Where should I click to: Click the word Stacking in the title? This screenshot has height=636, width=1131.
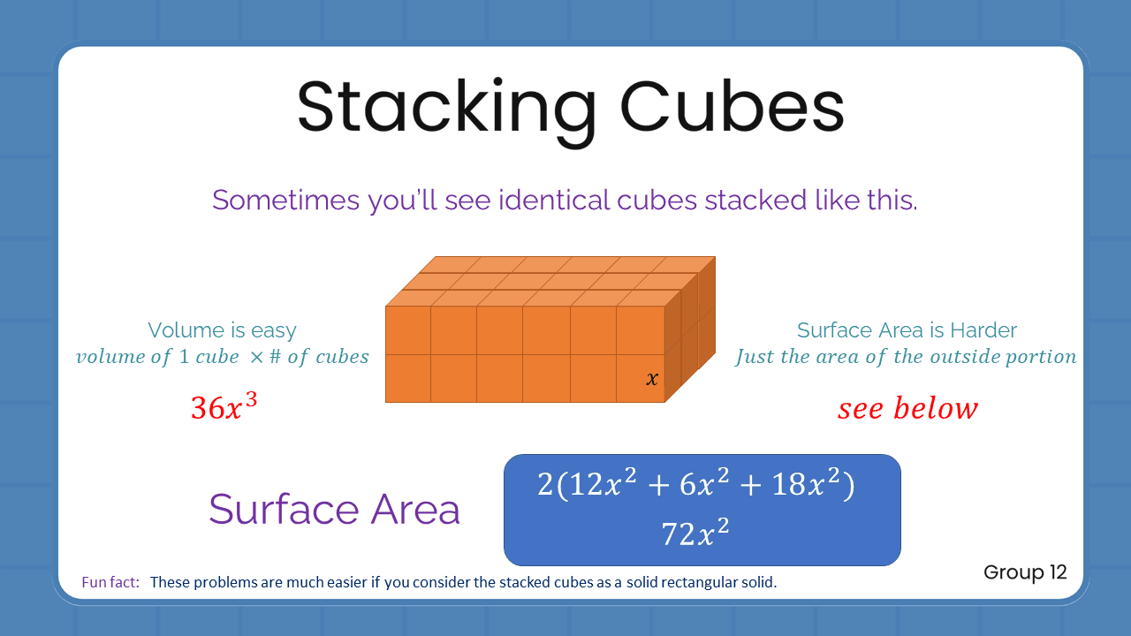[447, 108]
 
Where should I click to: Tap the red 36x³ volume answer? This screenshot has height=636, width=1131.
[224, 406]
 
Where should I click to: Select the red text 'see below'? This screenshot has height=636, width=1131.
[907, 408]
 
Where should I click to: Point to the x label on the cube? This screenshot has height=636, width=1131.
[652, 379]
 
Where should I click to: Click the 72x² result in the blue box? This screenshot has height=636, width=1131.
[695, 533]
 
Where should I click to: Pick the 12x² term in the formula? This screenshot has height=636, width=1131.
[593, 485]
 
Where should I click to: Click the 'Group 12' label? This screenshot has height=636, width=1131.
[1025, 572]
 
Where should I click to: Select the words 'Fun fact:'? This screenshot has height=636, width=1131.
[110, 582]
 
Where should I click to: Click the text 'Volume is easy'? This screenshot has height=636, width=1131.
[222, 330]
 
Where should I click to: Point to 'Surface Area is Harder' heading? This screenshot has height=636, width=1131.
[907, 330]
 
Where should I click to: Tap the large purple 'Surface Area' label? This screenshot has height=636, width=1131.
[334, 510]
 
